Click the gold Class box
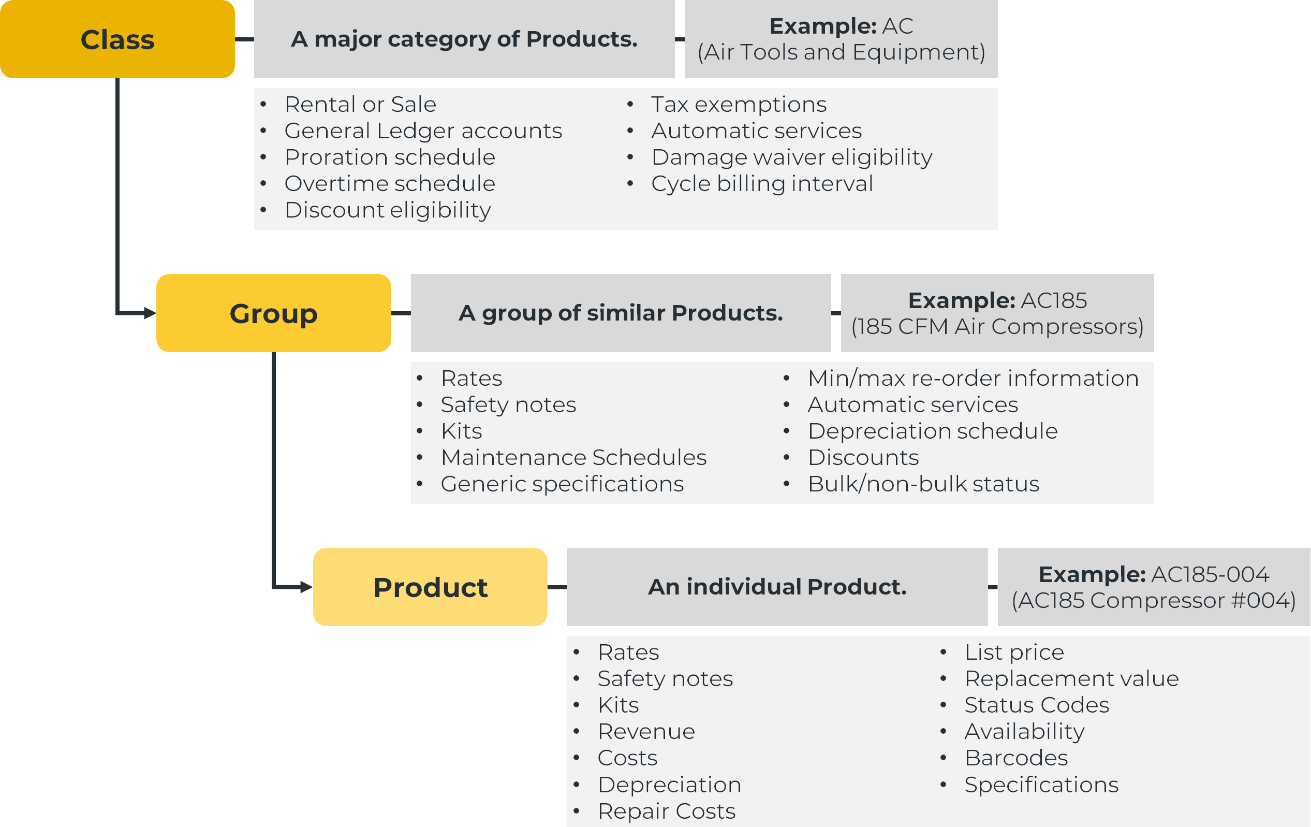pos(117,39)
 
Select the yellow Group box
pos(273,313)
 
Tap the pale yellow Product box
pos(430,587)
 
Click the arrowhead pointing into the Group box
pos(150,313)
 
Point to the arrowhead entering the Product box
pos(306,587)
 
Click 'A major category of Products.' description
pos(464,39)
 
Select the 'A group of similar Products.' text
pos(621,313)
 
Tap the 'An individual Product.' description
pos(777,587)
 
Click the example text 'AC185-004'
pos(1210,574)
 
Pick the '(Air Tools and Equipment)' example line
pos(841,52)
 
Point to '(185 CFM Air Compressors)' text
pos(997,326)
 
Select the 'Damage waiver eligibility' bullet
pos(791,157)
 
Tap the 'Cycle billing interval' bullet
pos(762,184)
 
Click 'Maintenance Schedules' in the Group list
pos(574,458)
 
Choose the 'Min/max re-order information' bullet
pos(973,378)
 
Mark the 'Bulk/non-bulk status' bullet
pos(923,484)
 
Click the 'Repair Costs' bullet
pos(667,811)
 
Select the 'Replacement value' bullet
pos(1071,679)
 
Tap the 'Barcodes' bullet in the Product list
pos(1016,758)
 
